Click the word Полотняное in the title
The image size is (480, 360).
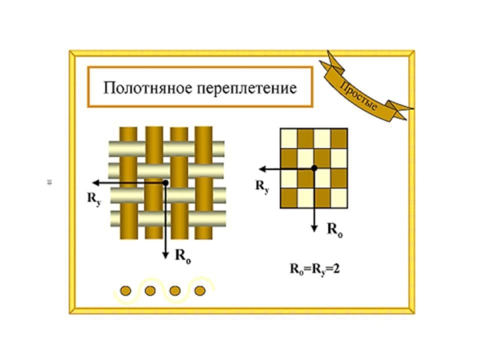pyautogui.click(x=142, y=88)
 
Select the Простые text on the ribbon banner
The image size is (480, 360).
pyautogui.click(x=359, y=97)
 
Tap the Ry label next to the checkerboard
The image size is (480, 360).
pyautogui.click(x=262, y=185)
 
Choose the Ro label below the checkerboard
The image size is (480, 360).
pyautogui.click(x=334, y=229)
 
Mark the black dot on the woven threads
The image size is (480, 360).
pyautogui.click(x=166, y=182)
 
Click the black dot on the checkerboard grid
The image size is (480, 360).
pyautogui.click(x=314, y=169)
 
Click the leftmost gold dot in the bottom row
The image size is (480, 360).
pyautogui.click(x=126, y=291)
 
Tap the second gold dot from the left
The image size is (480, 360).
pyautogui.click(x=151, y=291)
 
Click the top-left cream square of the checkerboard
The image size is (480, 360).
pyautogui.click(x=289, y=139)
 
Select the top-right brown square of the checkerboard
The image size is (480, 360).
pyautogui.click(x=338, y=139)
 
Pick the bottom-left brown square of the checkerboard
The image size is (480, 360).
pyautogui.click(x=289, y=198)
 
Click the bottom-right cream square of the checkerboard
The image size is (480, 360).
pyautogui.click(x=338, y=198)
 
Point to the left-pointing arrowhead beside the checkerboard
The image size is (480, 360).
pyautogui.click(x=260, y=169)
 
